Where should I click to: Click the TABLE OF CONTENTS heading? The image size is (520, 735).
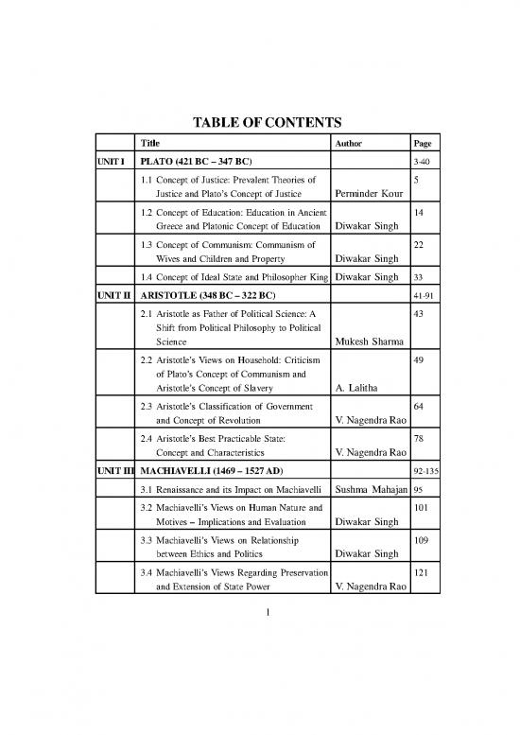[x=260, y=121]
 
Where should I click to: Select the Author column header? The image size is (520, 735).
[x=352, y=143]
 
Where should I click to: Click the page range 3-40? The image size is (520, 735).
[x=422, y=161]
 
